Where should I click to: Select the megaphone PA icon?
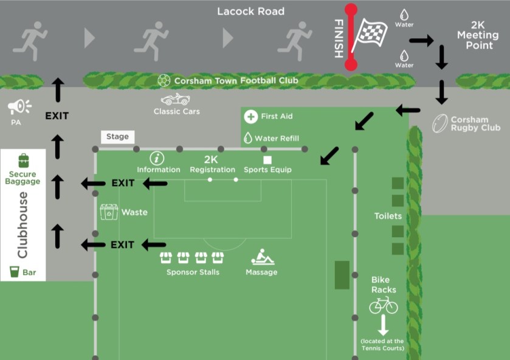click(x=19, y=108)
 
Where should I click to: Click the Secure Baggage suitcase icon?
click(x=24, y=161)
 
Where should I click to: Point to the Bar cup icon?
click(x=14, y=272)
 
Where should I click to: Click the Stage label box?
click(x=117, y=137)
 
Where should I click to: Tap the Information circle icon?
click(x=157, y=158)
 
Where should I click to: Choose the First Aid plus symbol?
click(x=250, y=116)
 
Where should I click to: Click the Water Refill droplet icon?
click(x=248, y=138)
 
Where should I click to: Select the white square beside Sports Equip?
click(x=267, y=159)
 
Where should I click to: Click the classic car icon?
click(x=176, y=100)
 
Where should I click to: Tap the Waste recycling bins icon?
click(x=109, y=212)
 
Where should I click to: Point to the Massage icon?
click(x=262, y=257)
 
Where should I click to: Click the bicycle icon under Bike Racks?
click(x=384, y=305)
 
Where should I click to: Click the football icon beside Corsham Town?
click(x=164, y=80)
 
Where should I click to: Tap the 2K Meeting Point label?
click(x=478, y=36)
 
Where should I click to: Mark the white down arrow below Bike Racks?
click(x=383, y=325)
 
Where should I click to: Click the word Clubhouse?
click(x=23, y=225)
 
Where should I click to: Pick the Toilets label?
click(x=388, y=216)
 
